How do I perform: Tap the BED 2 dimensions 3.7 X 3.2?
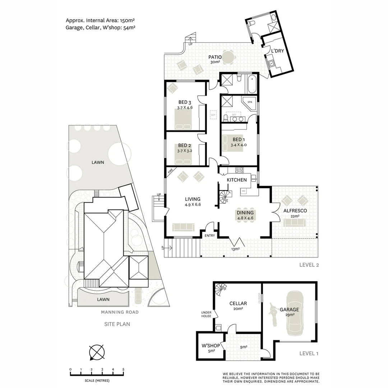pyautogui.click(x=185, y=151)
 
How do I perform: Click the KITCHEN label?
pyautogui.click(x=236, y=180)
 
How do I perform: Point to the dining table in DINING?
pyautogui.click(x=245, y=216)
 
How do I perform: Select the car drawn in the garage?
pyautogui.click(x=295, y=313)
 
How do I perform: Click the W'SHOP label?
pyautogui.click(x=208, y=346)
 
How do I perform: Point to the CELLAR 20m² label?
pyautogui.click(x=238, y=306)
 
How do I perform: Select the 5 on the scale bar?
pyautogui.click(x=123, y=369)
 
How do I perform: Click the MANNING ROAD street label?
pyautogui.click(x=120, y=312)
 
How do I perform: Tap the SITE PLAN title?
pyautogui.click(x=117, y=324)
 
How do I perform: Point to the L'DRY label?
pyautogui.click(x=277, y=51)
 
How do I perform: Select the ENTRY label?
pyautogui.click(x=210, y=235)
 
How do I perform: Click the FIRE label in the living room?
pyautogui.click(x=170, y=172)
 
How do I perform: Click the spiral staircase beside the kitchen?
pyautogui.click(x=225, y=197)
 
